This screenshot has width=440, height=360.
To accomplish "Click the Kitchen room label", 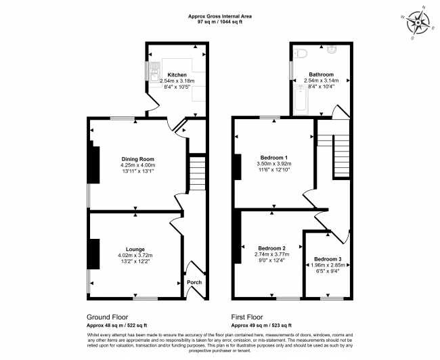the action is point(177,75).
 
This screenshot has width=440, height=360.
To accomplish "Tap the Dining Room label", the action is point(138,159).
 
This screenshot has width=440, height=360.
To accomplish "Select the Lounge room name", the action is point(135,249).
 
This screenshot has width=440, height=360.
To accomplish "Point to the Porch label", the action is point(194,282).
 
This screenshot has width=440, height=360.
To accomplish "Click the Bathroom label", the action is point(322,74).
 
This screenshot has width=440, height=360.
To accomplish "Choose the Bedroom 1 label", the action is point(274,158).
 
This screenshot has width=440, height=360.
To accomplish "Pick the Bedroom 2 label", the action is point(271,248).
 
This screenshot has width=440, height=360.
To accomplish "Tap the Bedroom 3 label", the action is point(328,259).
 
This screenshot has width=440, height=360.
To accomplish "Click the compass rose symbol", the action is point(418,22).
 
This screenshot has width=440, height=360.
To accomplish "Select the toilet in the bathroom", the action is point(300,53).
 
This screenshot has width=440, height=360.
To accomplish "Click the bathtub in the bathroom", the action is point(301,101).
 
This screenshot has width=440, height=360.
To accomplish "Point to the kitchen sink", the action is point(154,72).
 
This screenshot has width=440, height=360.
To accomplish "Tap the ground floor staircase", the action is point(198,173).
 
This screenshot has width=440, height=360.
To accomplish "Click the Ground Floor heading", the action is point(107,317).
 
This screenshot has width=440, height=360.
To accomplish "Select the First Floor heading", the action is point(247,317).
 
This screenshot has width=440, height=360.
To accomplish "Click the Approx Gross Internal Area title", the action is point(220,16).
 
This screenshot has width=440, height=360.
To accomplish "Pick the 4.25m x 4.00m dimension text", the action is point(138,165).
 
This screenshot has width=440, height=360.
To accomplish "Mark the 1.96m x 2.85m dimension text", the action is point(328,265).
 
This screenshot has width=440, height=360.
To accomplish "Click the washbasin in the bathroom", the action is point(332,49).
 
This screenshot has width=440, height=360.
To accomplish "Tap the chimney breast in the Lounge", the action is point(94,254).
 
